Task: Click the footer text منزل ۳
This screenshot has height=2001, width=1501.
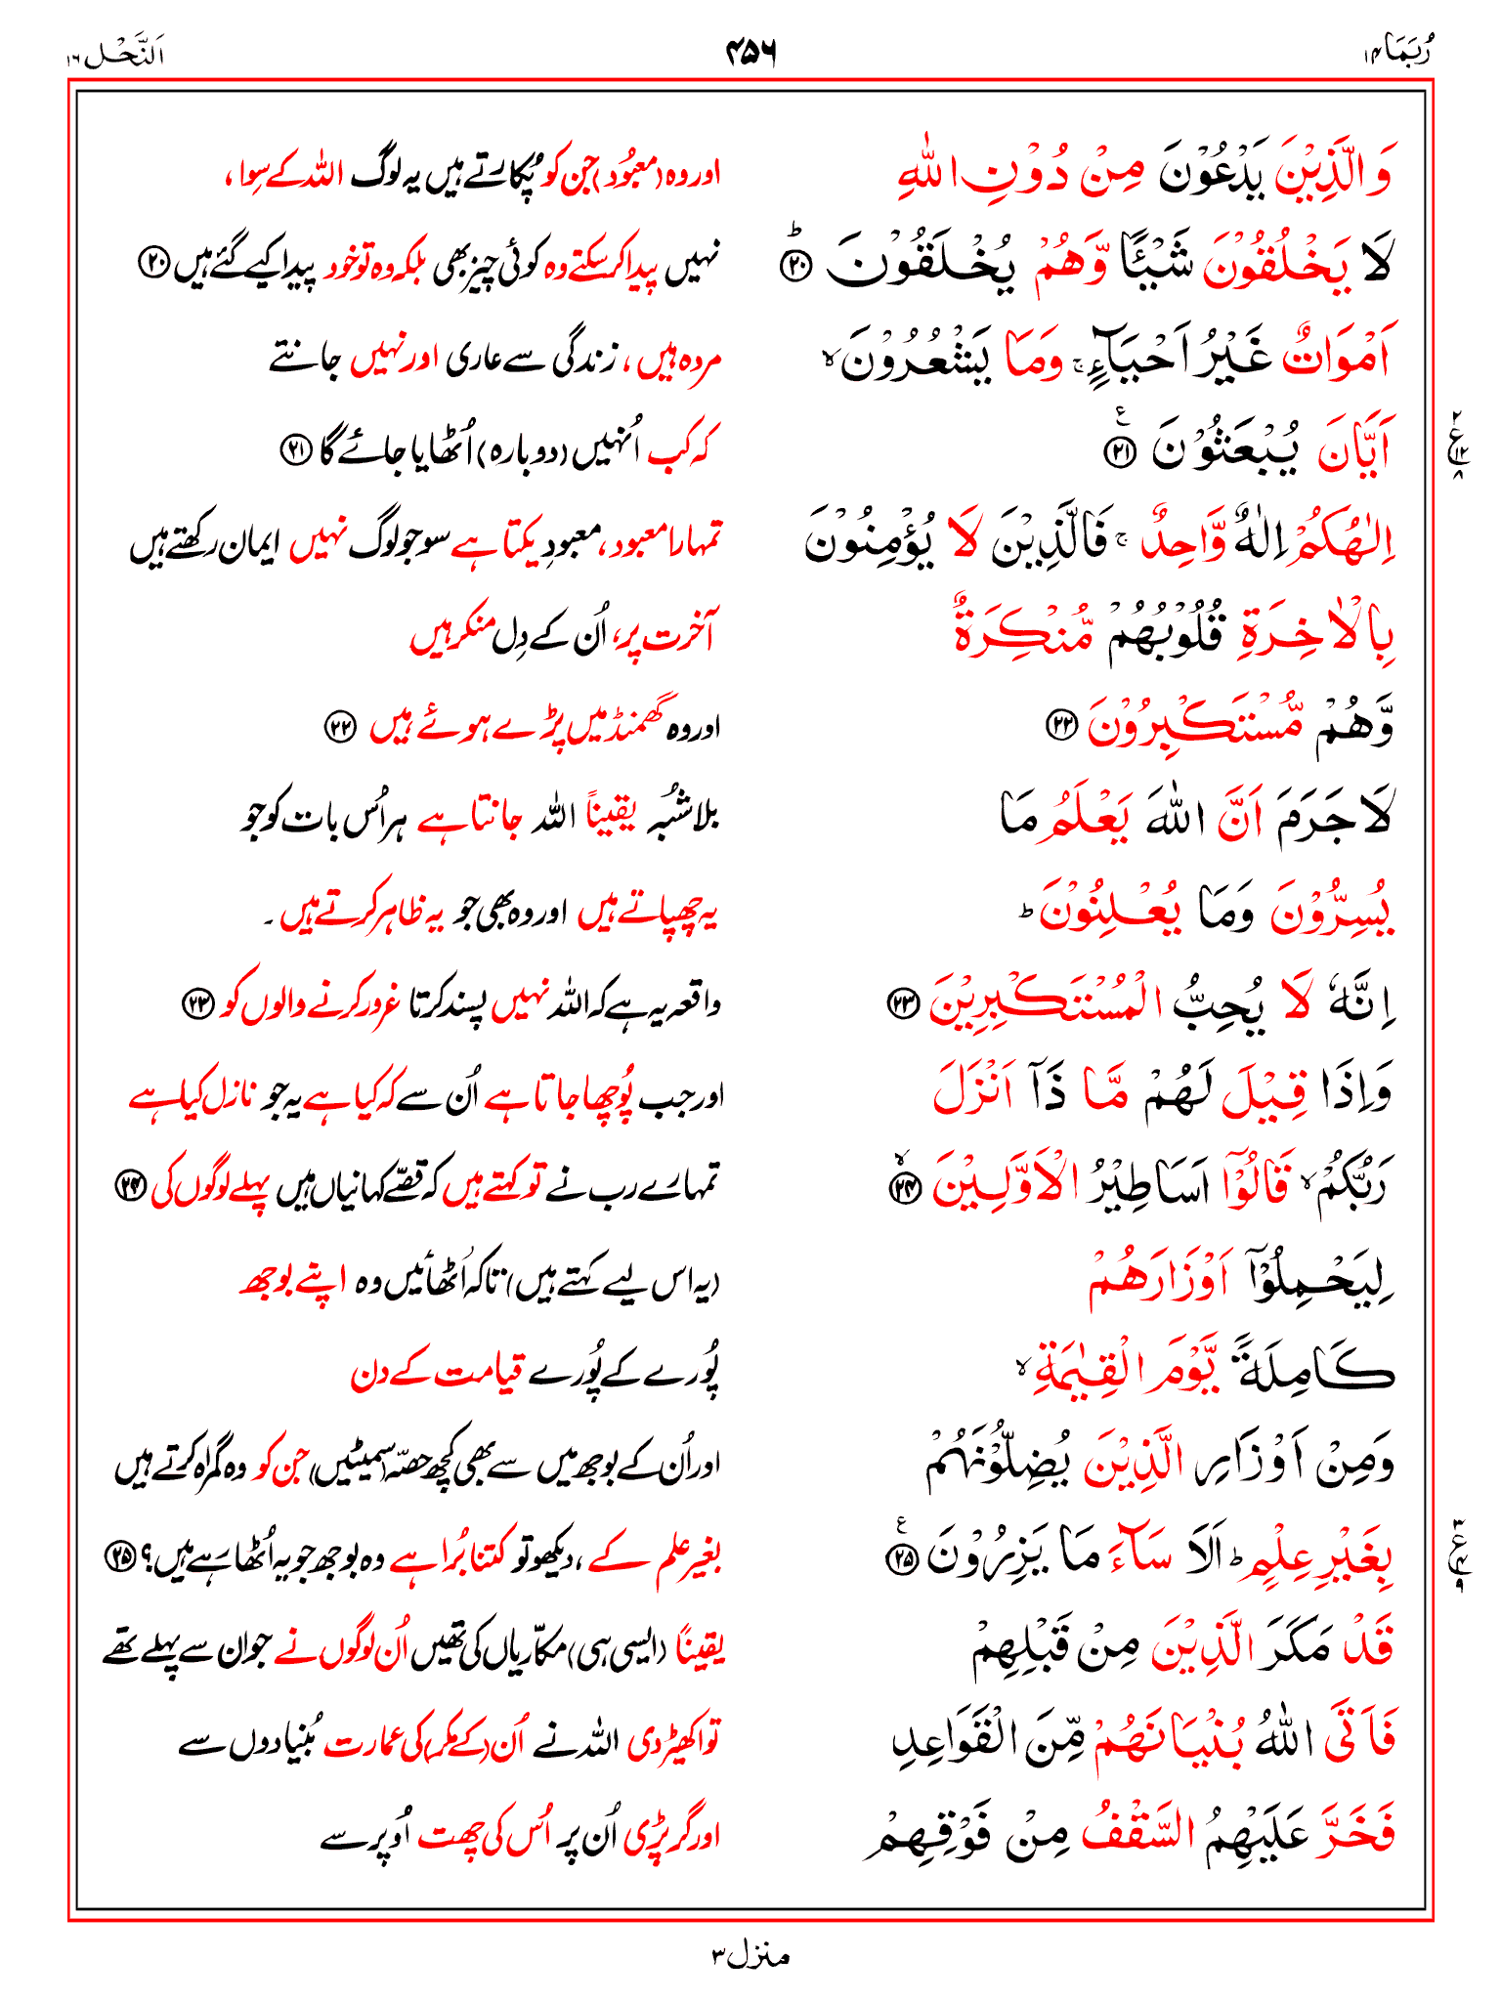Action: pyautogui.click(x=750, y=1956)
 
